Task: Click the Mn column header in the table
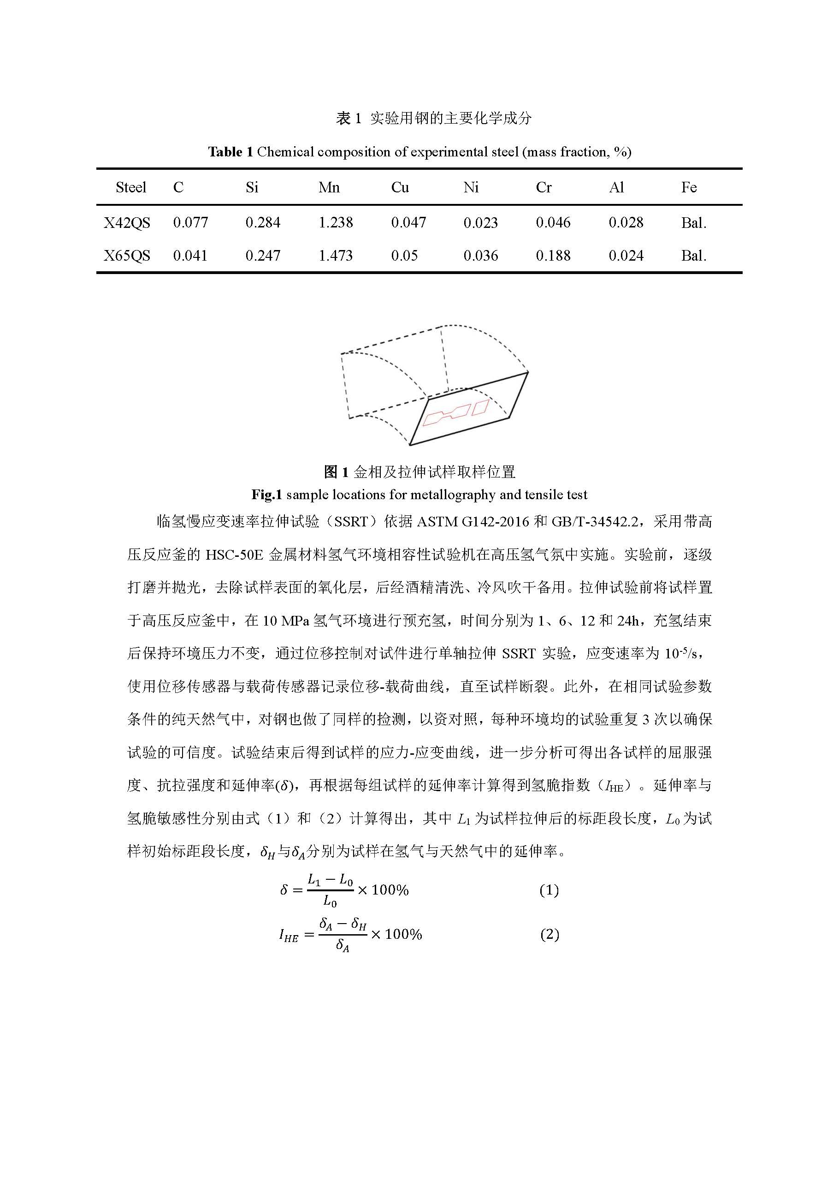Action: [x=329, y=187]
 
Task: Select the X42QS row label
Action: [x=127, y=223]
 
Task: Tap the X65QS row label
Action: [x=127, y=256]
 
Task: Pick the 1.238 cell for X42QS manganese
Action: [x=336, y=223]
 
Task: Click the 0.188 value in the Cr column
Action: [x=553, y=256]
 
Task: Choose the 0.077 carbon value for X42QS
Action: [x=191, y=223]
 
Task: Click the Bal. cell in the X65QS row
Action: [x=694, y=256]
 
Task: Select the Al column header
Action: [x=616, y=187]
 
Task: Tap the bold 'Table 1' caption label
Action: [x=230, y=152]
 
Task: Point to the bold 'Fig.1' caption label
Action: [x=266, y=495]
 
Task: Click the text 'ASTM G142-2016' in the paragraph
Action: [x=473, y=521]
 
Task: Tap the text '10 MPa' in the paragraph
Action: [x=286, y=620]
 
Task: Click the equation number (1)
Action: [x=549, y=890]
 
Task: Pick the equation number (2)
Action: [x=549, y=935]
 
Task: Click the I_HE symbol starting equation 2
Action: [x=289, y=935]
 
